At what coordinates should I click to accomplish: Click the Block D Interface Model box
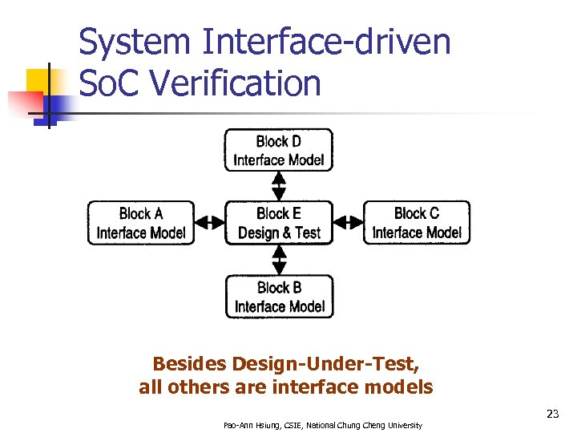coord(278,150)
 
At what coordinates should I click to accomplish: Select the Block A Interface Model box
coord(141,223)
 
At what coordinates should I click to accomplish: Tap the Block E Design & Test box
coord(279,223)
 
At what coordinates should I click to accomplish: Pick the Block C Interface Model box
coord(417,223)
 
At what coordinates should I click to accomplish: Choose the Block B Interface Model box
coord(279,297)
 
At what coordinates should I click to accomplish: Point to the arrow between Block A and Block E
coord(210,223)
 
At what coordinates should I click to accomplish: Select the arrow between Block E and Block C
coord(348,223)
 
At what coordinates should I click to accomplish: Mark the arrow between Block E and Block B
coord(279,260)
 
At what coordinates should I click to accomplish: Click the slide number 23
coord(552,414)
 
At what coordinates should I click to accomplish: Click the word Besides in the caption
coord(189,364)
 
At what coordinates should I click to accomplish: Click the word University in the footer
coord(403,425)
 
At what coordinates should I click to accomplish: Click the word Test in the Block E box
coord(307,233)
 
